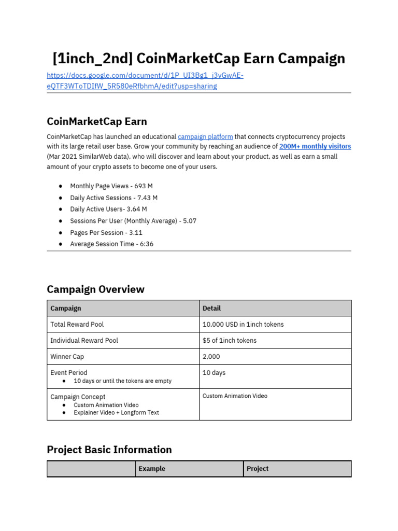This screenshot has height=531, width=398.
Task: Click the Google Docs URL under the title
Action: click(145, 81)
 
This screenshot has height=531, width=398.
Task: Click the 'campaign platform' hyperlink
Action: click(205, 137)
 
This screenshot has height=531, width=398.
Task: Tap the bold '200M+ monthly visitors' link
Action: click(315, 147)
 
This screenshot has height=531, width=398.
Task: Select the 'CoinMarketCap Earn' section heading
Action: click(97, 121)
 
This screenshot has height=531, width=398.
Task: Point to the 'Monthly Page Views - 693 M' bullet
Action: click(111, 186)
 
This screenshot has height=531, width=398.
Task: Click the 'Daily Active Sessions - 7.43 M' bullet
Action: click(114, 198)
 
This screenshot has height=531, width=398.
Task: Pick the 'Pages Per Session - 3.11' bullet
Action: click(106, 232)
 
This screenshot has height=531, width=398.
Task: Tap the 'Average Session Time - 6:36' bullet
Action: click(112, 244)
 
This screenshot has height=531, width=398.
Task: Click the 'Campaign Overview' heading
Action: click(95, 289)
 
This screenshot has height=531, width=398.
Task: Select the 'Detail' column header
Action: click(211, 308)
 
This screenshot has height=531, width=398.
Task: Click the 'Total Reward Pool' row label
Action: click(77, 324)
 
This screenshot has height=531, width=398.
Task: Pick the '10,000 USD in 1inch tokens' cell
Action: click(243, 324)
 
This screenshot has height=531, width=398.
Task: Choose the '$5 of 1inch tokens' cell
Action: click(230, 340)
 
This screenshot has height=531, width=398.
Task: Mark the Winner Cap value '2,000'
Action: click(211, 357)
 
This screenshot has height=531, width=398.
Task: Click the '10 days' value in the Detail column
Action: click(214, 373)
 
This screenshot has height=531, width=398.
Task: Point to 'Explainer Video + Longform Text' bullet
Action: click(117, 413)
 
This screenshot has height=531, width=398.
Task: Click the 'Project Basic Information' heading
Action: click(109, 450)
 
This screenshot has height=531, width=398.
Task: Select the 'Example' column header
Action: click(152, 469)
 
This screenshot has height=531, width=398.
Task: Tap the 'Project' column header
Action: click(258, 469)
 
